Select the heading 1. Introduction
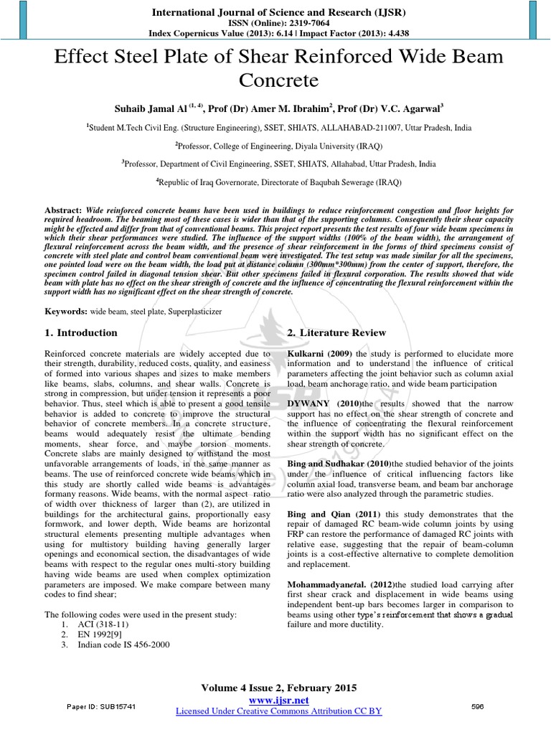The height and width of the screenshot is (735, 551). [x=81, y=333]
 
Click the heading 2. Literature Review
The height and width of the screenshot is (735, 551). [x=336, y=333]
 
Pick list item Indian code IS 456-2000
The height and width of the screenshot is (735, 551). [x=121, y=645]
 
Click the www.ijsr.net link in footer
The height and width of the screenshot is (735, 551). [x=278, y=700]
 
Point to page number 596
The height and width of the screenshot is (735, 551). [x=478, y=707]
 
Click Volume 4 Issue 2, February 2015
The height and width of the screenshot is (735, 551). [x=278, y=688]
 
